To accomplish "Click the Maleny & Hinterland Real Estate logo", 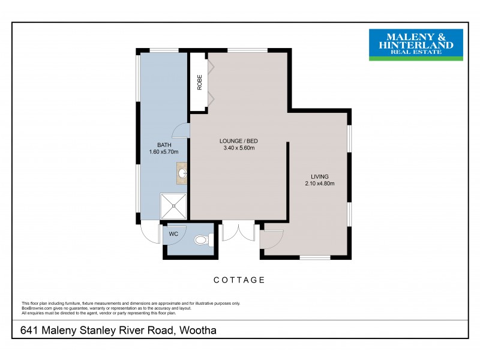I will [x=415, y=44].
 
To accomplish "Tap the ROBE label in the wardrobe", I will [x=199, y=82].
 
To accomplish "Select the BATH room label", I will [x=164, y=145].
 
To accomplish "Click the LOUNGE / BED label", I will [x=238, y=141].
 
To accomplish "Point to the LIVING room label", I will [x=319, y=176].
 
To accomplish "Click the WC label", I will [x=173, y=234].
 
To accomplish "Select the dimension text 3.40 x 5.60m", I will [x=238, y=148].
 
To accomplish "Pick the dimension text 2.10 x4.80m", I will [x=319, y=184].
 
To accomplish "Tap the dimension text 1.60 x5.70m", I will [x=164, y=152].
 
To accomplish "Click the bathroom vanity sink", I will [x=182, y=173].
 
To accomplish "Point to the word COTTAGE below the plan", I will [x=239, y=280].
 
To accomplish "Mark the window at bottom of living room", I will [x=315, y=257].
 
